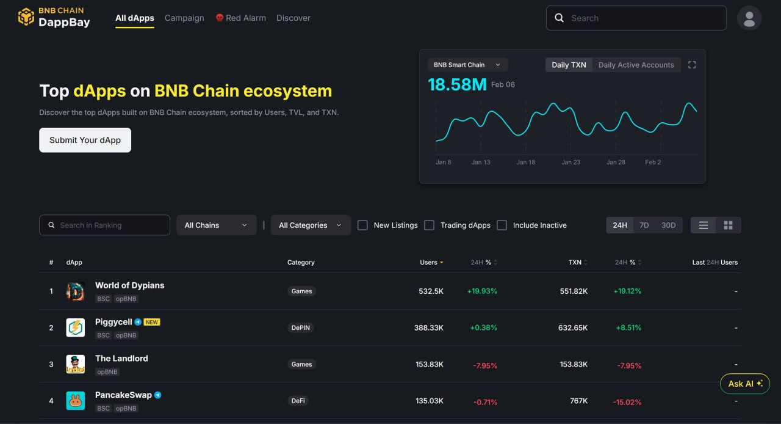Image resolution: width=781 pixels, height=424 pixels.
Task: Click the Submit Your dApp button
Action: coord(85,140)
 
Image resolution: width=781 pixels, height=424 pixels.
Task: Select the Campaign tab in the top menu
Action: coord(184,18)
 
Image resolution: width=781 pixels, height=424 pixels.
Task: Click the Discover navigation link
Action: coord(293,18)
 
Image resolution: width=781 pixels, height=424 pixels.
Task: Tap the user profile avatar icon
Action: coord(749,18)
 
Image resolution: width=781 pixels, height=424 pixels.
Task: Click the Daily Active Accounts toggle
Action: coord(636,65)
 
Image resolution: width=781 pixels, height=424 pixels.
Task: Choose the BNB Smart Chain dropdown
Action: coord(467,65)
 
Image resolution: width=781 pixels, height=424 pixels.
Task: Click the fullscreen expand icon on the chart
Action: coord(692,65)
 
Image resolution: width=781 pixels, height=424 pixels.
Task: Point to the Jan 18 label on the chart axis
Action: coord(526,163)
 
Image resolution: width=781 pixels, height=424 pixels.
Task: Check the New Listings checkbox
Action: coord(362,225)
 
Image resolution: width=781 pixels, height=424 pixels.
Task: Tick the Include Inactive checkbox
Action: coord(502,225)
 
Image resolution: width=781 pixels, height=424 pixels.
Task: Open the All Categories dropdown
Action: coord(311,225)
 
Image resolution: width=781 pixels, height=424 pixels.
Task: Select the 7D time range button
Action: coord(644,225)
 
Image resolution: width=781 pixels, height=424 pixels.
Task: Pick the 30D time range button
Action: coord(669,225)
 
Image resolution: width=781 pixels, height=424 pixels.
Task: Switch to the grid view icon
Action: coord(728,225)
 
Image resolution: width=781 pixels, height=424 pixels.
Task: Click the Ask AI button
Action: coord(745,384)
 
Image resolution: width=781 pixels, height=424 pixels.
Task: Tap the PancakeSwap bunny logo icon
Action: coord(76,401)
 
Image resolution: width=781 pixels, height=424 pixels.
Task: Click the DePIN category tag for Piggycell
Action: coord(301,328)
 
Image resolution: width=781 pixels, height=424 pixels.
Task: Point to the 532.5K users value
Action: coord(431,291)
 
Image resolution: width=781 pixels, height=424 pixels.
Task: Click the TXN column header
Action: coord(575,263)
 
